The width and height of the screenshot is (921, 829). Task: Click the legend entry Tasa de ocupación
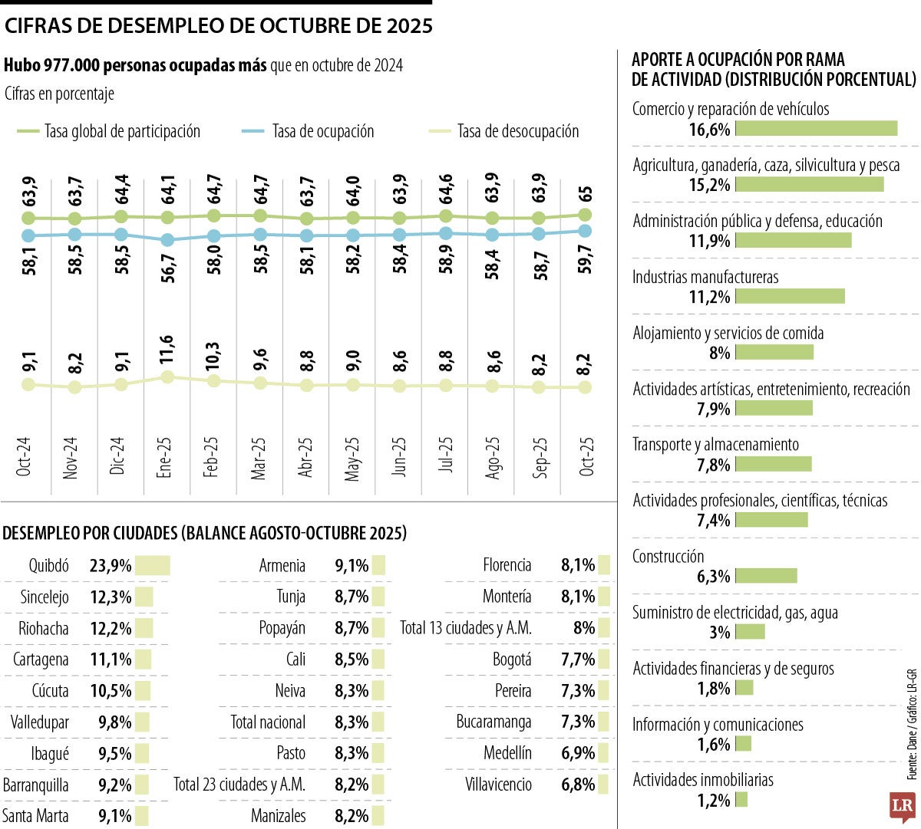tap(322, 132)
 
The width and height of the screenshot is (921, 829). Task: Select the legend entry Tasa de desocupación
tap(517, 132)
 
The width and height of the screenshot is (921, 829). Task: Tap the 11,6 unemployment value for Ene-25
tap(166, 349)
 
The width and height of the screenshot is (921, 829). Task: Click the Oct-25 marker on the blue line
tap(585, 230)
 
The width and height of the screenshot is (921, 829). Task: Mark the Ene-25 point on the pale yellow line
tap(167, 377)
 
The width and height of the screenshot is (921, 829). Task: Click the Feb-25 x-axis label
tap(212, 458)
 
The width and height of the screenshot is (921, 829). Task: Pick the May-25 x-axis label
tap(352, 459)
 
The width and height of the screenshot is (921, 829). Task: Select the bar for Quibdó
tap(153, 566)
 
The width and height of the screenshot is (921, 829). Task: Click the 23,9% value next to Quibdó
tap(111, 566)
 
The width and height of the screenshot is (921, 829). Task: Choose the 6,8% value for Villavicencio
tap(578, 785)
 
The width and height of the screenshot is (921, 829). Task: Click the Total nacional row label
tap(268, 722)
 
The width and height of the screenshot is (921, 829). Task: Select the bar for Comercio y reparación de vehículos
tap(817, 129)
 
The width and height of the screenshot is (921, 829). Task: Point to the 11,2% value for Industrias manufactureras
tap(709, 297)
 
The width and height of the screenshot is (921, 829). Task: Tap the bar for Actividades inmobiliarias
tap(741, 801)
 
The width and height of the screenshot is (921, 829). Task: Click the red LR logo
tap(902, 806)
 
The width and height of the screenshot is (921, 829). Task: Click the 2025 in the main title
tap(409, 26)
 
